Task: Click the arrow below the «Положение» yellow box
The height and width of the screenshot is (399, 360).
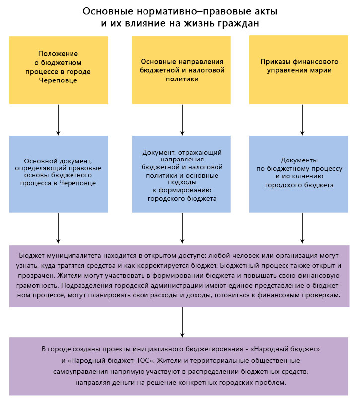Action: pos(58,119)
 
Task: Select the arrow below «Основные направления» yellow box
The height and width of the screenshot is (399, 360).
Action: pos(181,119)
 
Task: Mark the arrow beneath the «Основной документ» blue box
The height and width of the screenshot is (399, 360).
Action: pos(58,229)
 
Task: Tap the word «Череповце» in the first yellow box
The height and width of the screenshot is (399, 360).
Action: pos(58,80)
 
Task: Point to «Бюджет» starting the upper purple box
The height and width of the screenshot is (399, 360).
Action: pos(32,255)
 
